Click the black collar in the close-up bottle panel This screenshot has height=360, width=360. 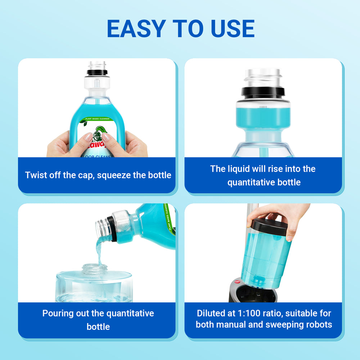pyautogui.click(x=263, y=93)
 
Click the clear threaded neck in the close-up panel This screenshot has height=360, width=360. pyautogui.click(x=263, y=77)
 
